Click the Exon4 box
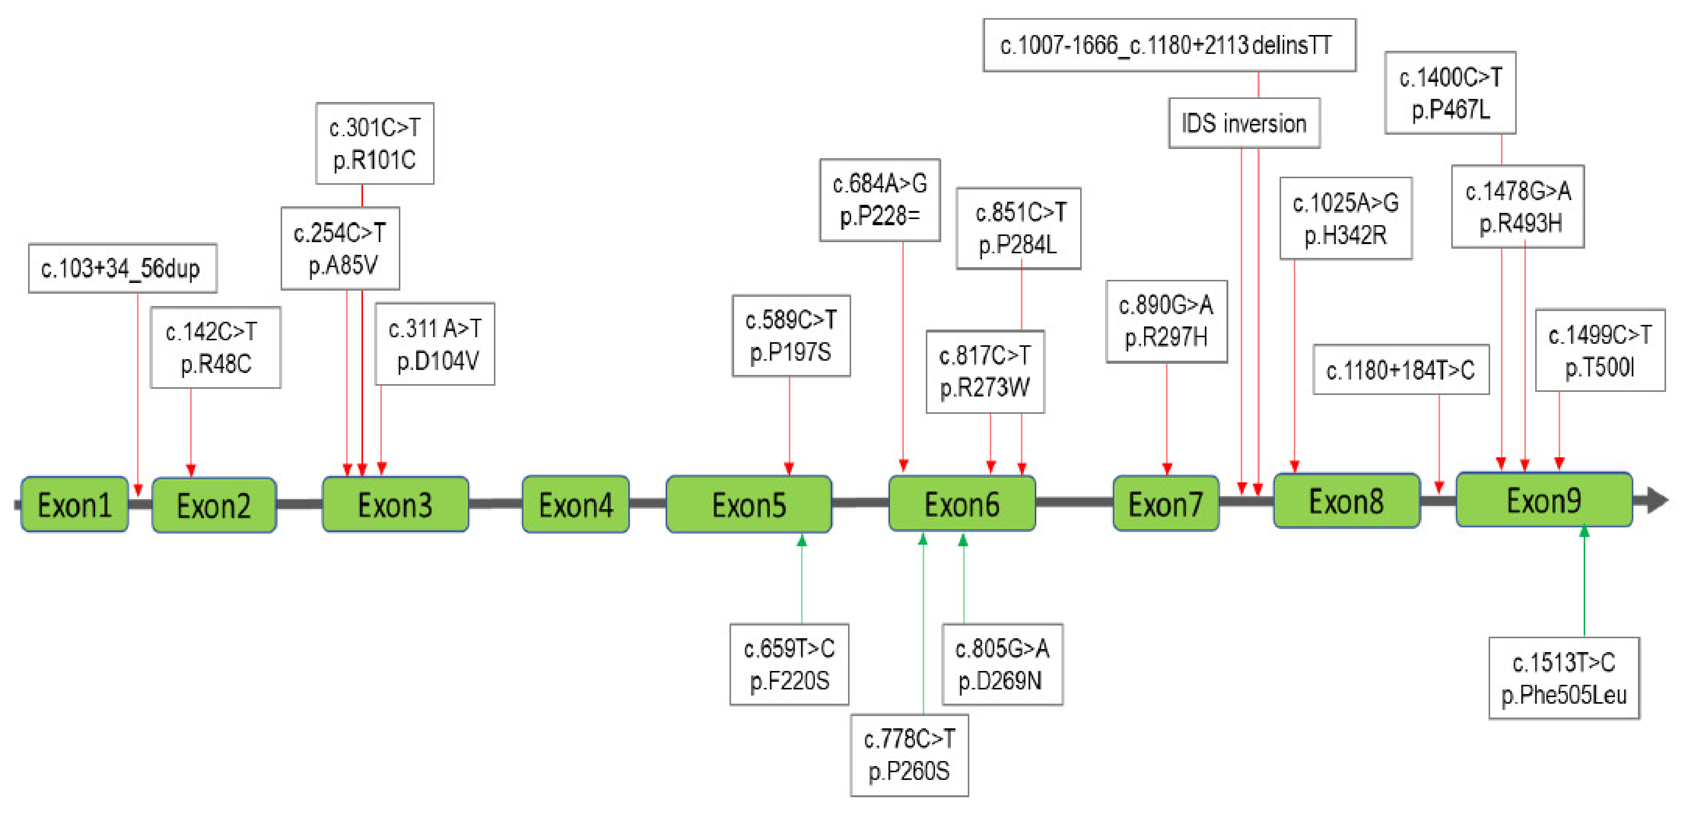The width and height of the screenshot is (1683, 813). click(x=575, y=505)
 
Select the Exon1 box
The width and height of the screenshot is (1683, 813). click(x=74, y=505)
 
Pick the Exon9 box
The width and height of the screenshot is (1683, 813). click(x=1544, y=500)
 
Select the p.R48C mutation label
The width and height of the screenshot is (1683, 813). click(x=216, y=348)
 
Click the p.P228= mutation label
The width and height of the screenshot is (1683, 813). click(x=879, y=200)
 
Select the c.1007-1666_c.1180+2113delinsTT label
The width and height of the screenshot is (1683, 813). click(x=1169, y=45)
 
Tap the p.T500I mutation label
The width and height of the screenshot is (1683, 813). click(x=1599, y=351)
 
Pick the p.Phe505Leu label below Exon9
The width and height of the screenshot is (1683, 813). click(x=1563, y=678)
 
